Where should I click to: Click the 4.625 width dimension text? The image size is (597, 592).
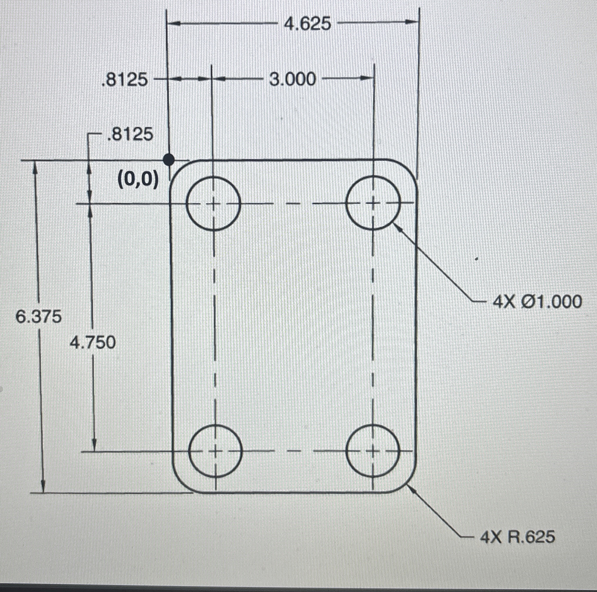point(307,24)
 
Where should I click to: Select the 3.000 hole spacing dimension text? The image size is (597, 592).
point(292,79)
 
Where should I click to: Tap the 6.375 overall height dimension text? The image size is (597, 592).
point(39,317)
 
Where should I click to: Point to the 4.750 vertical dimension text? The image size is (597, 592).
point(93,343)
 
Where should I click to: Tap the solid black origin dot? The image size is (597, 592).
point(169,160)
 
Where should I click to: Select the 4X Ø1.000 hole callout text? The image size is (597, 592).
point(537,302)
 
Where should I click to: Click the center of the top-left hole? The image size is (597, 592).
point(213,204)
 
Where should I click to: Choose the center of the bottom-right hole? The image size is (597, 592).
point(373,451)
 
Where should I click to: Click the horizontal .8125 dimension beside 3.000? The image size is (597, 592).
point(124,80)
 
